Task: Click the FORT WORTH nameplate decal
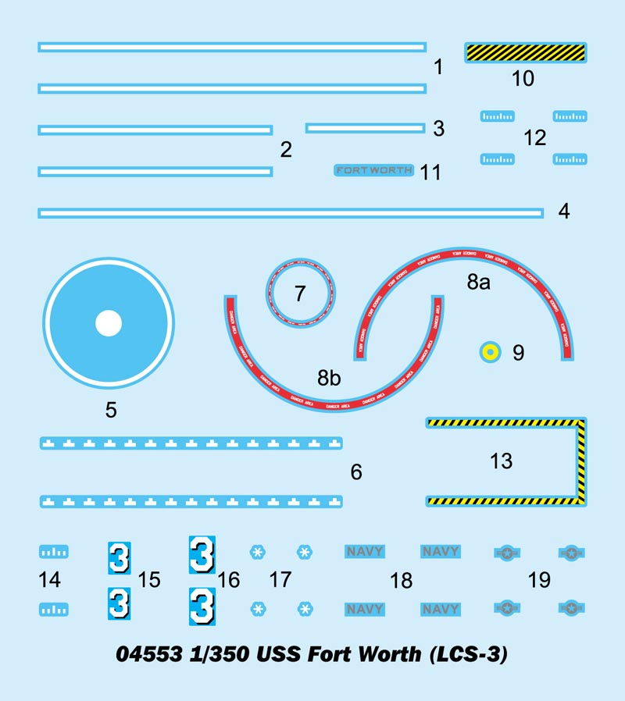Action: [x=374, y=170]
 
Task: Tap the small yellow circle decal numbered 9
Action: [x=489, y=352]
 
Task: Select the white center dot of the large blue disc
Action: [x=108, y=323]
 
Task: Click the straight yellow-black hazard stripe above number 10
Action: [x=526, y=52]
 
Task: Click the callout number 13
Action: [x=501, y=461]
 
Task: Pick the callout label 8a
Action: [x=478, y=283]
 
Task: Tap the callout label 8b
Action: [x=329, y=379]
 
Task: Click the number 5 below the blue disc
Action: [x=111, y=409]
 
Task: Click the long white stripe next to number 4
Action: [x=290, y=212]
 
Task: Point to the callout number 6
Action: [x=356, y=472]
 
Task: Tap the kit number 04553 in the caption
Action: [x=148, y=653]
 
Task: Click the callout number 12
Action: [x=534, y=138]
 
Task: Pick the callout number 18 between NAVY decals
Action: [x=401, y=581]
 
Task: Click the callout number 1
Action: [x=438, y=67]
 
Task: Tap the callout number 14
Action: [x=49, y=580]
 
